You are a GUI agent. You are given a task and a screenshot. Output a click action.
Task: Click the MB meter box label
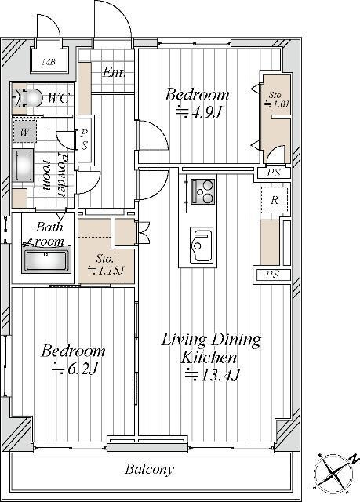pos(49,62)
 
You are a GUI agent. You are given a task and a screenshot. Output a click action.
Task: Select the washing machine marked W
pos(24,132)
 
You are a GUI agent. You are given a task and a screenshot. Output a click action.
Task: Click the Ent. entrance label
pos(114,72)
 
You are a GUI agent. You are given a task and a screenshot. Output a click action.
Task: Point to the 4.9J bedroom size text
pos(198,112)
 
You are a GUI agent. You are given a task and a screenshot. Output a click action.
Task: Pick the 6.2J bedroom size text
pos(75,369)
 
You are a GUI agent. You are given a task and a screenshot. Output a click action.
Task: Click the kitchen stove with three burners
pos(203,191)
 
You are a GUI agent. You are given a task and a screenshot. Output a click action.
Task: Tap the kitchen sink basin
pos(202,245)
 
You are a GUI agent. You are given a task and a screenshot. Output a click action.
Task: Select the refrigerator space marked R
pos(275,201)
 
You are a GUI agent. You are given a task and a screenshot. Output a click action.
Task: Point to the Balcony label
pos(150,469)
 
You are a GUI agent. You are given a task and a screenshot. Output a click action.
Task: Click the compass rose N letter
pos(354,459)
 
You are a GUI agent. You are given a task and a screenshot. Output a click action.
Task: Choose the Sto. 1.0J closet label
pos(276,100)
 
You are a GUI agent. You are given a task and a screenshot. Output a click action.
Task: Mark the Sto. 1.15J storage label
pos(106,264)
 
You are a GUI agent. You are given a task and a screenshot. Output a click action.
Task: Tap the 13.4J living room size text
pos(213,375)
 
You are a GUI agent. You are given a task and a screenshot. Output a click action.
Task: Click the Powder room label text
pos(55,175)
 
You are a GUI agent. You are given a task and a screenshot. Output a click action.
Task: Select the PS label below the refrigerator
pos(272,275)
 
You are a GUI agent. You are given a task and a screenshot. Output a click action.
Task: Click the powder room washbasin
pos(23,166)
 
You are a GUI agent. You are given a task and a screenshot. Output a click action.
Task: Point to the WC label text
pos(58,98)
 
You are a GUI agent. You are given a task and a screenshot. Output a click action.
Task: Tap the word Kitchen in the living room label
pos(209,358)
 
